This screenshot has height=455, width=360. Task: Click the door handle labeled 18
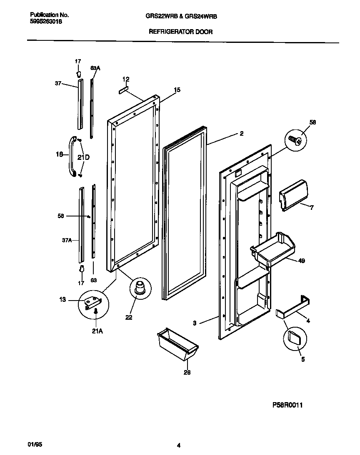coord(72,156)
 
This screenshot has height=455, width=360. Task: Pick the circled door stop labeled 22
coord(139,288)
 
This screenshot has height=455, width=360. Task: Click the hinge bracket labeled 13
coord(92,302)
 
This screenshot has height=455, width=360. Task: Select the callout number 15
coord(177,90)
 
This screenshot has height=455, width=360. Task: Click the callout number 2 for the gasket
coord(242,134)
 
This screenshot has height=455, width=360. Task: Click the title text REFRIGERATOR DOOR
coord(180,32)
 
